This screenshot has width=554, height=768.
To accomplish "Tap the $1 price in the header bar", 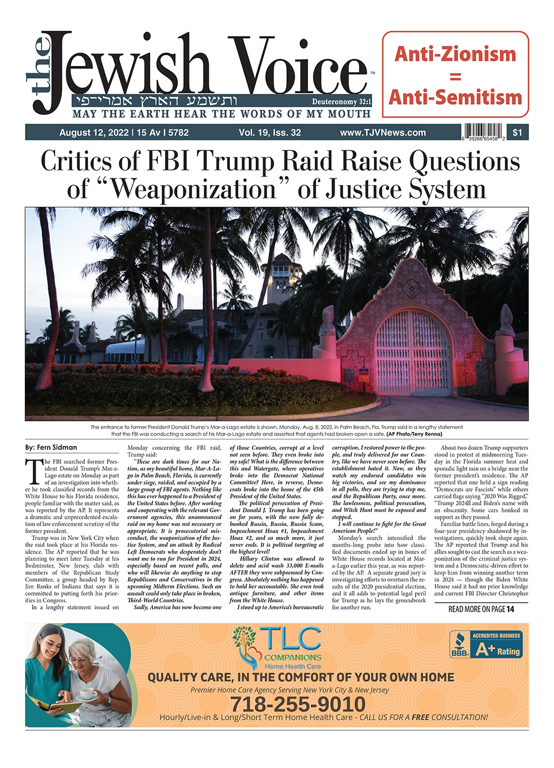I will tap(517, 132).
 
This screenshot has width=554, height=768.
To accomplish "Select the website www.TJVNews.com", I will tap(383, 132).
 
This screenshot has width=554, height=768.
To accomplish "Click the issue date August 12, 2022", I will tap(92, 132).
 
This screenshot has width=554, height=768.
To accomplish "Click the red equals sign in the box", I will tap(455, 76).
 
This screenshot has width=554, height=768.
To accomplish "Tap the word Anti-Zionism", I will tap(455, 54).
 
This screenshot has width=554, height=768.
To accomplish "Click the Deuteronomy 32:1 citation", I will tap(341, 102).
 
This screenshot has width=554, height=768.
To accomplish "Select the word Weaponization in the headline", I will tap(193, 189).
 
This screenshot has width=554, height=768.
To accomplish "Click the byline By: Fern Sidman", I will tap(51, 447).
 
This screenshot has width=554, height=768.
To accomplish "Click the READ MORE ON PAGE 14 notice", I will tap(481, 609).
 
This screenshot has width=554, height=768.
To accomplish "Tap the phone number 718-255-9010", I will tap(297, 704).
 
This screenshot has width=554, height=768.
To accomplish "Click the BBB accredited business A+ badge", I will tap(485, 644).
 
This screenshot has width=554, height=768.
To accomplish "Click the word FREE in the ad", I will tap(420, 717).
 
